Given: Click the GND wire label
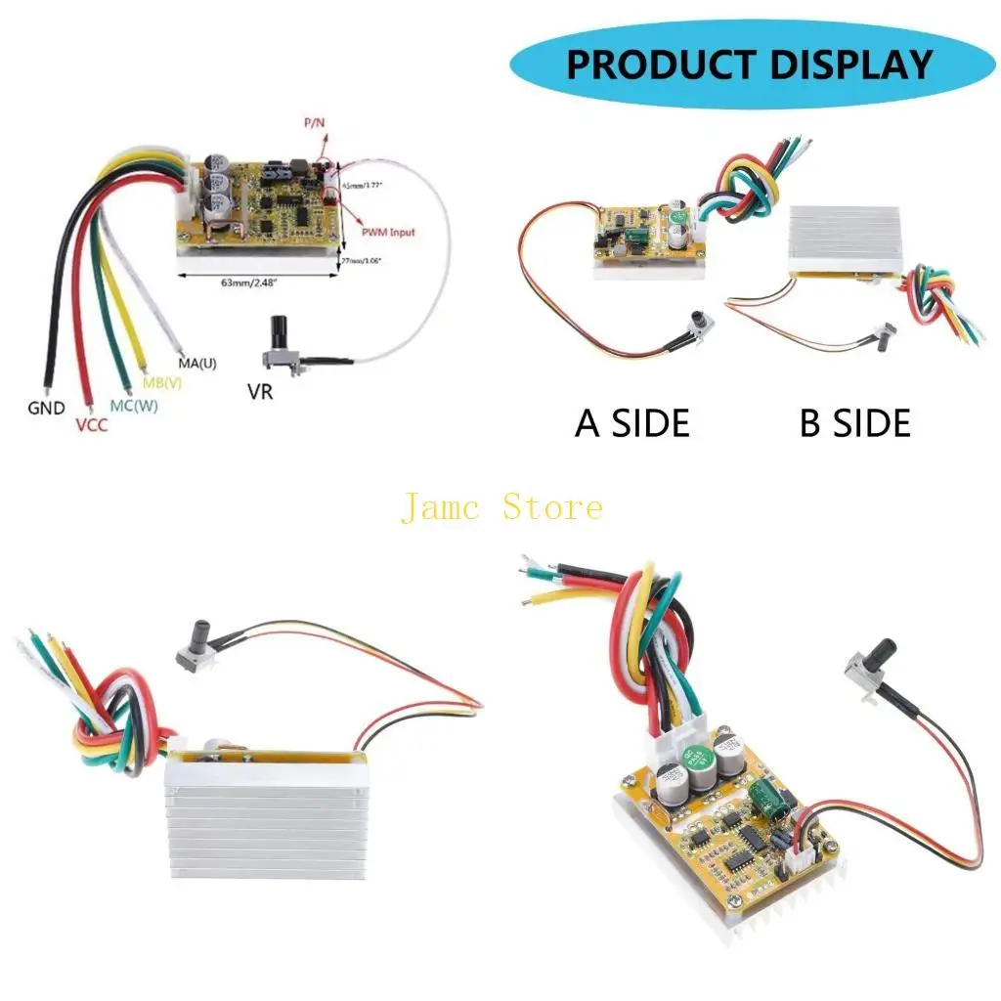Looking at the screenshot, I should (46, 409).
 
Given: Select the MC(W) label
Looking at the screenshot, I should (132, 404).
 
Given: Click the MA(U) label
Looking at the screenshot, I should (196, 364).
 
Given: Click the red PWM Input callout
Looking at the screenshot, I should (387, 232).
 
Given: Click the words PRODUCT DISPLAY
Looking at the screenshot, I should (750, 65).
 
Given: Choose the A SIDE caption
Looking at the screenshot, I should (632, 423).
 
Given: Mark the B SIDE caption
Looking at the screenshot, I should (855, 423).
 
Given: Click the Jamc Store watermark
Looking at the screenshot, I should (501, 507).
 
